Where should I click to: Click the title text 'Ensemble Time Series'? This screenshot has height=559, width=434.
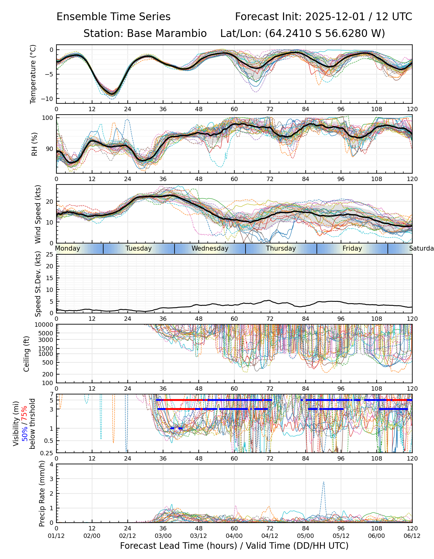113,17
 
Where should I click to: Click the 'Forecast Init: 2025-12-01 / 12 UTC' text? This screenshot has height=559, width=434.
323,17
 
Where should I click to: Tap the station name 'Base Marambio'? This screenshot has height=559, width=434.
167,34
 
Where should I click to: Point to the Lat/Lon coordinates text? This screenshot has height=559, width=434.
303,34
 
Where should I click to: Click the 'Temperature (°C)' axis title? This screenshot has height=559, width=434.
33,74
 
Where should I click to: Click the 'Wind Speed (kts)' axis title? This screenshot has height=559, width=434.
38,214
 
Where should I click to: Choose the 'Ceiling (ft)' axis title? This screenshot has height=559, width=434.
27,354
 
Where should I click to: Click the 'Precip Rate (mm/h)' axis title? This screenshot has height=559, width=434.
42,493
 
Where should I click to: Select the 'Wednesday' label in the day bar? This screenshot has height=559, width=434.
210,248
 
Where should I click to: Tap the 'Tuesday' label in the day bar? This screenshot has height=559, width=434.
139,248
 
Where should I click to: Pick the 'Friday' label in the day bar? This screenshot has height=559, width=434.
352,248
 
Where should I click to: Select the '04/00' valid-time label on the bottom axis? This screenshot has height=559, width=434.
234,536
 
